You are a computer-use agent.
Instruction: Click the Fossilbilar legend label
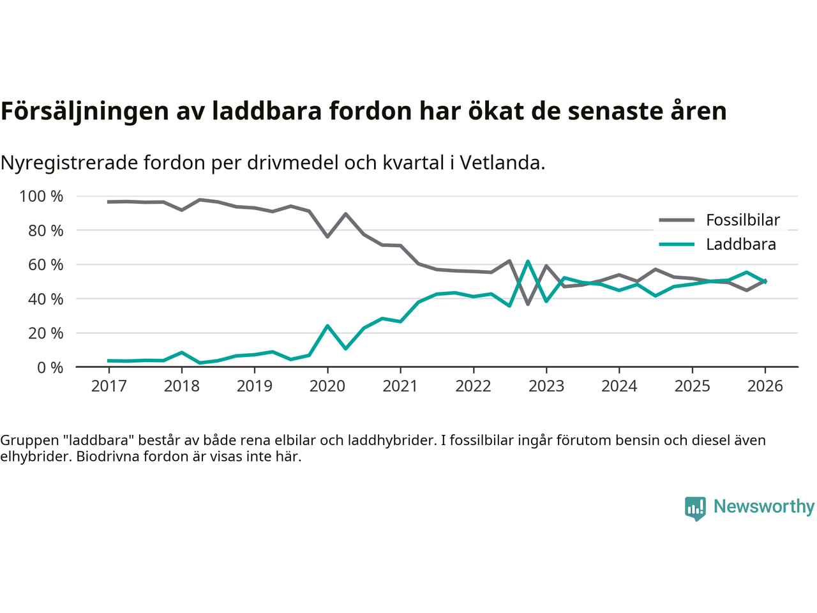pyautogui.click(x=742, y=220)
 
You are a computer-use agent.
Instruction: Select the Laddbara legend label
pyautogui.click(x=740, y=245)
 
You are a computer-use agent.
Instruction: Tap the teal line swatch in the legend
pyautogui.click(x=676, y=245)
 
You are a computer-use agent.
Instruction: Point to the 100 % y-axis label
pyautogui.click(x=41, y=196)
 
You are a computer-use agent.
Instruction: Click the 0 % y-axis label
pyautogui.click(x=50, y=367)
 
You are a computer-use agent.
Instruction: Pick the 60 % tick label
pyautogui.click(x=45, y=264)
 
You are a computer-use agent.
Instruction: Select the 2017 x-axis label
pyautogui.click(x=109, y=386)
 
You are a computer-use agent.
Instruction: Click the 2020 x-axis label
pyautogui.click(x=327, y=386)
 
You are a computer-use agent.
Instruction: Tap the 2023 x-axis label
pyautogui.click(x=546, y=386)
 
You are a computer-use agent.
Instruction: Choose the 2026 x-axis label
pyautogui.click(x=765, y=386)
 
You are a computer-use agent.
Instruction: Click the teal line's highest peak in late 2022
pyautogui.click(x=528, y=261)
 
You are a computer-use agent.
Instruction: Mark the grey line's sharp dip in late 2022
pyautogui.click(x=528, y=304)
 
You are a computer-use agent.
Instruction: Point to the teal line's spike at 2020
pyautogui.click(x=327, y=326)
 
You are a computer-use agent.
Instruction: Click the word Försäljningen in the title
pyautogui.click(x=84, y=111)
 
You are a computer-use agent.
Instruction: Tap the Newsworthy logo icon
pyautogui.click(x=695, y=508)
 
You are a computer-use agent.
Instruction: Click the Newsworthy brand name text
pyautogui.click(x=764, y=506)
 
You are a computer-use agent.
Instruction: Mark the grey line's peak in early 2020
pyautogui.click(x=345, y=214)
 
